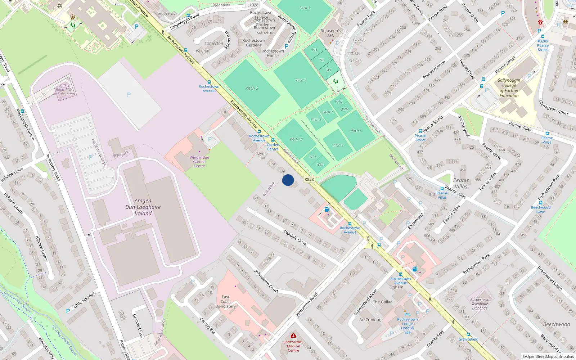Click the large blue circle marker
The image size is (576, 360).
(288, 180)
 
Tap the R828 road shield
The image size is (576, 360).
(309, 179)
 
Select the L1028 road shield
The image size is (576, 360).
(253, 5)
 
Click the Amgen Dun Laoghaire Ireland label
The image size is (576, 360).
(143, 207)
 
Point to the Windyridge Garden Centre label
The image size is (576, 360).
(199, 162)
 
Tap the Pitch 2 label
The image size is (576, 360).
(252, 88)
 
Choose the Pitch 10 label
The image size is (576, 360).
(296, 139)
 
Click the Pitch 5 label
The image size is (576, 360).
(301, 80)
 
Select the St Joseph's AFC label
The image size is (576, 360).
(330, 33)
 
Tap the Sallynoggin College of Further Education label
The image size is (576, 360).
(509, 88)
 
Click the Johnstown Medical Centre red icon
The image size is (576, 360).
(293, 336)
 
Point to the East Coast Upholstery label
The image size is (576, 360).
(226, 302)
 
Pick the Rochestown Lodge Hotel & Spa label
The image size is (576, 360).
(407, 326)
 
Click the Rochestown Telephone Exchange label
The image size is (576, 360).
(480, 304)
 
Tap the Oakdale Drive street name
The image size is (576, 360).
(295, 238)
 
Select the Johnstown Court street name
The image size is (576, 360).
(266, 281)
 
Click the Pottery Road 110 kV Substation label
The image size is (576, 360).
(64, 90)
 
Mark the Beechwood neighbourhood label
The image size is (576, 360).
(557, 324)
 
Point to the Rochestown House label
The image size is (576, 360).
(273, 54)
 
